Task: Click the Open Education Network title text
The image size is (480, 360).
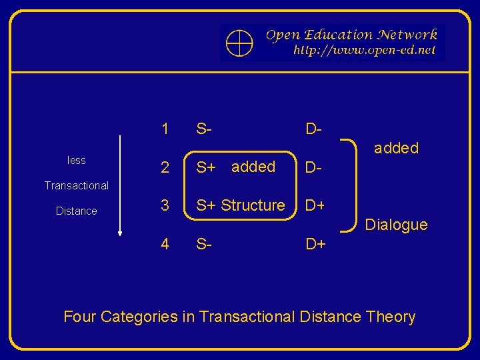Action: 351,35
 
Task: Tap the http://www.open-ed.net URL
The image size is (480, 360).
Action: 364,50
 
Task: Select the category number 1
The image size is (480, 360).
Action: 165,129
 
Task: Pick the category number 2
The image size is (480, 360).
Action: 165,167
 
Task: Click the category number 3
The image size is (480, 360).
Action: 165,205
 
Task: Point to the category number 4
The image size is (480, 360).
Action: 165,244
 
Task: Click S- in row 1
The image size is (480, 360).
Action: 204,129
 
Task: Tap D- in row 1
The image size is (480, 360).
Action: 314,129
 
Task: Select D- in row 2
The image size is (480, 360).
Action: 314,167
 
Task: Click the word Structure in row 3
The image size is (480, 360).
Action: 253,205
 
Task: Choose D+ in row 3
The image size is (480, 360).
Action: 315,205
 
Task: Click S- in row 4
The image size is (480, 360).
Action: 204,244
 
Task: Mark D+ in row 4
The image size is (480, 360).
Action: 315,244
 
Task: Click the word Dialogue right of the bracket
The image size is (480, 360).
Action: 396,225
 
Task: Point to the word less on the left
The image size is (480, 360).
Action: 77,160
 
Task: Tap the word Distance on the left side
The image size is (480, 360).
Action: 77,211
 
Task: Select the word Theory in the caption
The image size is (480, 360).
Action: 391,317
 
